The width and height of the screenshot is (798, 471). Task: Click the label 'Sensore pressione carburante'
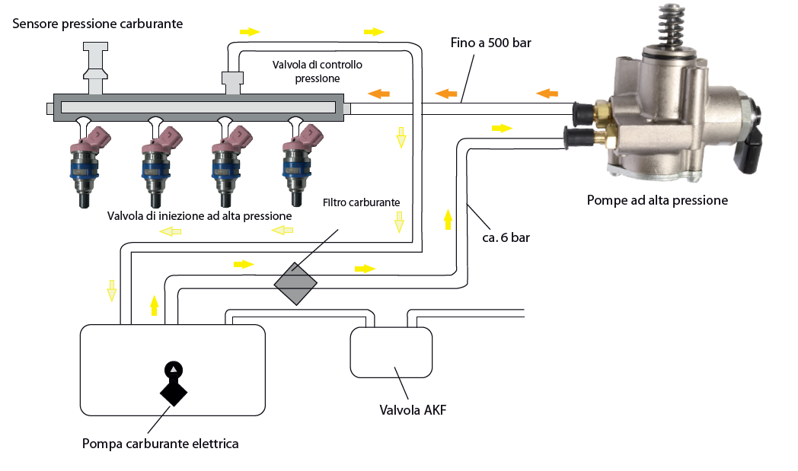point(98,24)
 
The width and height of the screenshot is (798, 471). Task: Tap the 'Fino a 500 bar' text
point(491,43)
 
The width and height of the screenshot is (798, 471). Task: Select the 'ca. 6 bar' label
point(506,237)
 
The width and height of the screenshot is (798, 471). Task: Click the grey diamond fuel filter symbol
point(295,283)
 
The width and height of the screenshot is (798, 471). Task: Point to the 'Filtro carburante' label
point(361,202)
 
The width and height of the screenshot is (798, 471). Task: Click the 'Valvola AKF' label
point(413,411)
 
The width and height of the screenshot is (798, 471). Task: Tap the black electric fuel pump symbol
point(174,384)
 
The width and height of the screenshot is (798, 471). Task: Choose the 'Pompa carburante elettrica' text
point(160,443)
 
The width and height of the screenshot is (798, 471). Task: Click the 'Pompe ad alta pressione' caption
point(657,201)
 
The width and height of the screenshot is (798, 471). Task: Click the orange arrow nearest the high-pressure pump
point(547,94)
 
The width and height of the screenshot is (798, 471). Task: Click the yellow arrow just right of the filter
point(365,269)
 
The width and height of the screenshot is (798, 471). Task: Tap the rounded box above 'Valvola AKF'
point(391,352)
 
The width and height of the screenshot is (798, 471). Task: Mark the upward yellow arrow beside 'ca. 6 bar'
point(448,220)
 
